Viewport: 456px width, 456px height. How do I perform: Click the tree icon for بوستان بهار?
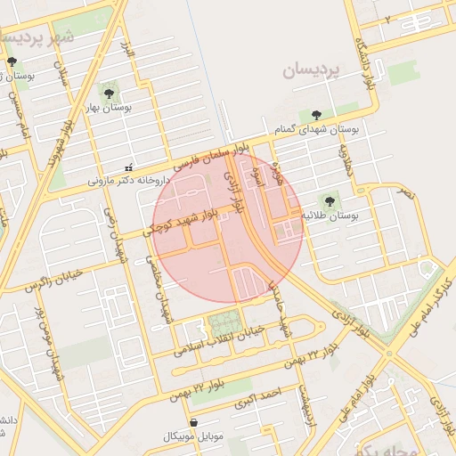click(109, 92)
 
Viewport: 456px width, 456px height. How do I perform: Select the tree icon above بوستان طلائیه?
click(330, 201)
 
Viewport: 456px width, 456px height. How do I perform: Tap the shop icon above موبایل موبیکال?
click(193, 422)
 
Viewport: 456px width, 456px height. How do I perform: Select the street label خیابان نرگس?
click(53, 280)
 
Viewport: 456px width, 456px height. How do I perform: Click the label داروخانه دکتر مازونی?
click(128, 180)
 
